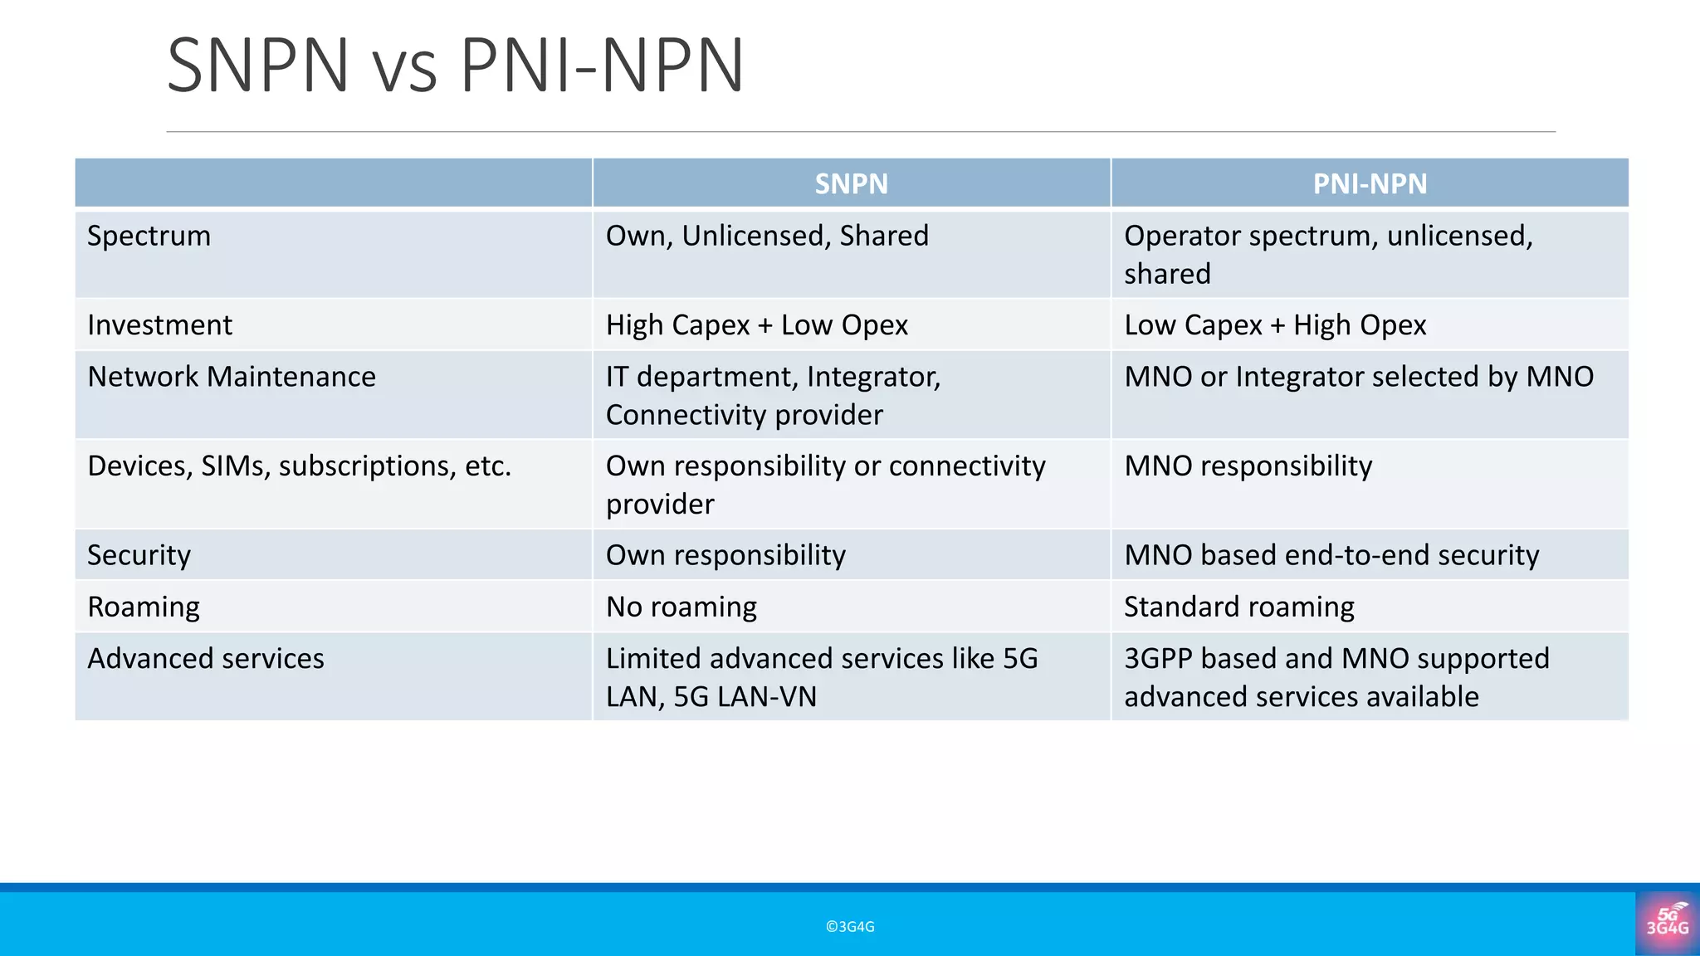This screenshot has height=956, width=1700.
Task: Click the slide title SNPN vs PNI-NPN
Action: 455,65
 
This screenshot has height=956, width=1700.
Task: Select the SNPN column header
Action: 851,183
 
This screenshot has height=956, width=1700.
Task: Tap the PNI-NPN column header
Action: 1370,183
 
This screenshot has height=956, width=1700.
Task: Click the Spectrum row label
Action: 149,237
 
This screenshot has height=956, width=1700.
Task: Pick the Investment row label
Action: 160,325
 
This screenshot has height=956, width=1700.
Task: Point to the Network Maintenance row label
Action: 232,377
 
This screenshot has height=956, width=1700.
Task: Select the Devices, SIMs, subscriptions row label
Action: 299,466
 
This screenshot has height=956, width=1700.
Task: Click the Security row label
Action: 139,555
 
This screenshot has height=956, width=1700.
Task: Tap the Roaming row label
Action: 144,607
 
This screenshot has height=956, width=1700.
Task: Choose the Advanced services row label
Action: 206,659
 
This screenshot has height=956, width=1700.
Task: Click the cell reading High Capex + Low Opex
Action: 757,325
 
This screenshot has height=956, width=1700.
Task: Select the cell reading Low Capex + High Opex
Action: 1275,325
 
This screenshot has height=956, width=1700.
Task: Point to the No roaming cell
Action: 681,607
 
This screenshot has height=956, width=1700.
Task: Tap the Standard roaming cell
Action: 1239,607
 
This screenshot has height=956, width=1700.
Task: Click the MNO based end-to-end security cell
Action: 1331,555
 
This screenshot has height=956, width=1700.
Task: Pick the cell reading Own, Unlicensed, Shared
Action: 767,237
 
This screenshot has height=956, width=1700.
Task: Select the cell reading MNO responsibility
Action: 1248,466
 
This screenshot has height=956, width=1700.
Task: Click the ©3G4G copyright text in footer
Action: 850,927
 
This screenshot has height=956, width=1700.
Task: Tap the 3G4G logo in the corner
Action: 1667,923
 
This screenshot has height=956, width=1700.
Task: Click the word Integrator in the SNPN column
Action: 872,377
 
